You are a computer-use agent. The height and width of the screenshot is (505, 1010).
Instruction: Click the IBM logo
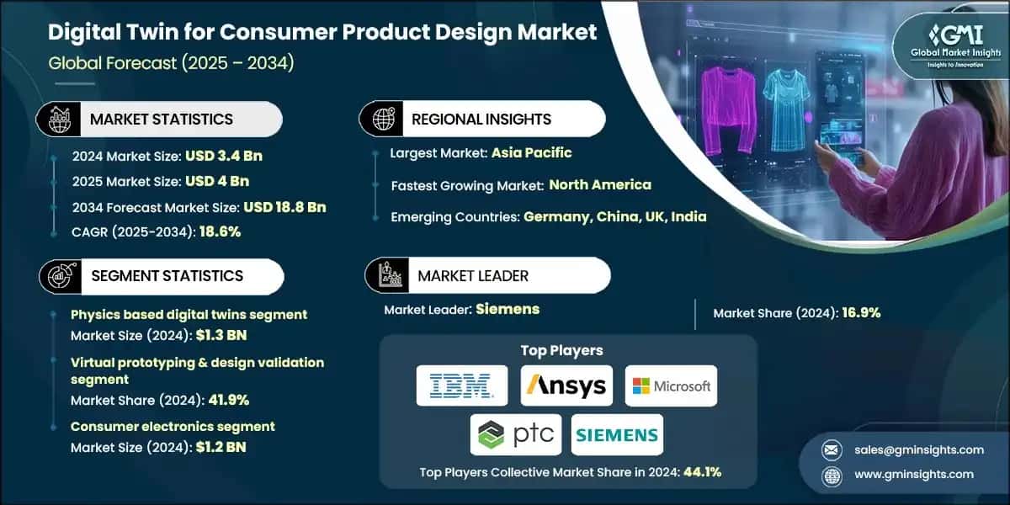[462, 386]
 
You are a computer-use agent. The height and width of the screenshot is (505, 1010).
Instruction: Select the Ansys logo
[566, 386]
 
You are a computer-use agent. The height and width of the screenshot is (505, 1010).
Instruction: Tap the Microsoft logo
[671, 386]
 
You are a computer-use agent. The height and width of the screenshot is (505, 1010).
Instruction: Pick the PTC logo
[516, 435]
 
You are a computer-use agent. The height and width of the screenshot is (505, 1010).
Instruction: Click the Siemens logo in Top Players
[617, 435]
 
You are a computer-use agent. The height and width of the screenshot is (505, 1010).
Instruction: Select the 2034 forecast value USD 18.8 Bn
[284, 206]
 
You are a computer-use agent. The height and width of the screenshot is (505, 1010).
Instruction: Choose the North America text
[600, 184]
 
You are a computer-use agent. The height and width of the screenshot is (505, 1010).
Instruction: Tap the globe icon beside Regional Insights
[383, 120]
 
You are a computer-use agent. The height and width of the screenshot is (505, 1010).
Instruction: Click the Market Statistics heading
[161, 120]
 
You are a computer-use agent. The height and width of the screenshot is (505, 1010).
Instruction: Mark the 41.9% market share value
[225, 400]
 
